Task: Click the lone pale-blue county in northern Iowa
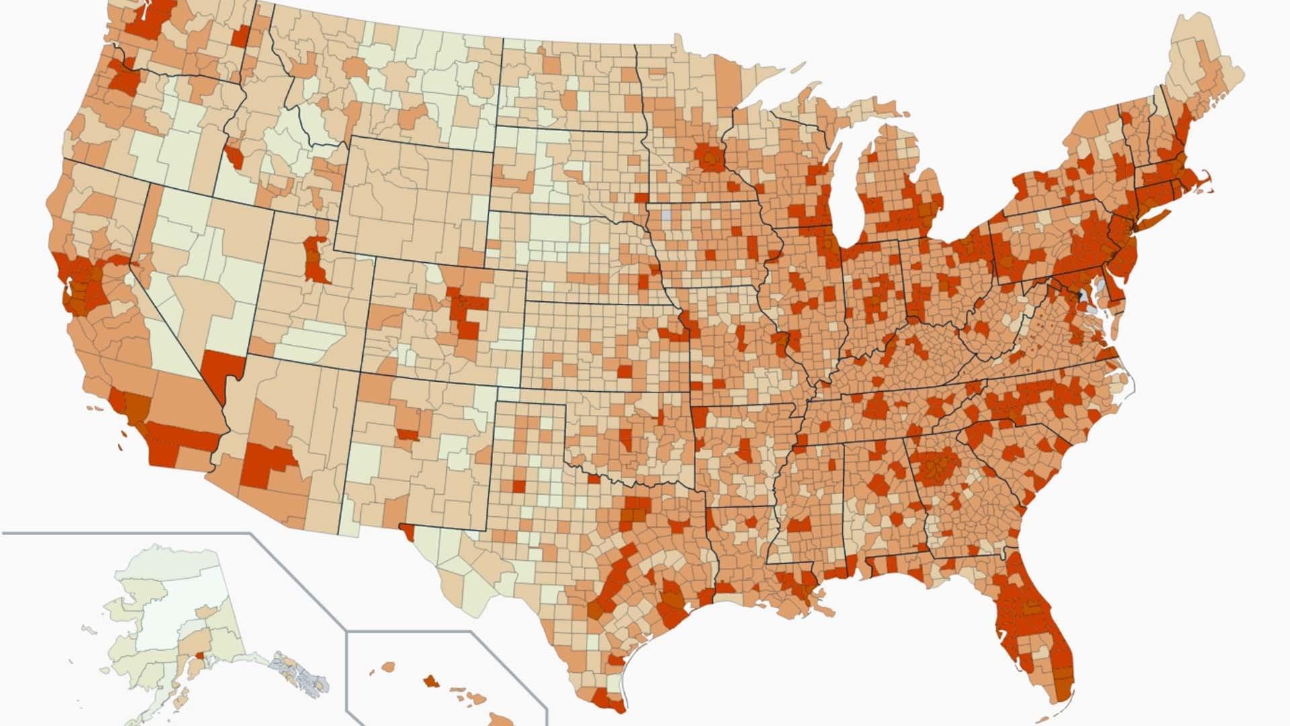[666, 216]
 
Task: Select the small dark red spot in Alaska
[199, 655]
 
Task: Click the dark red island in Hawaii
[429, 681]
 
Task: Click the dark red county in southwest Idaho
[234, 157]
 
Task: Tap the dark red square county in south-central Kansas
[625, 372]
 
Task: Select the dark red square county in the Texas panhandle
[519, 485]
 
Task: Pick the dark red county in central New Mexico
[407, 434]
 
